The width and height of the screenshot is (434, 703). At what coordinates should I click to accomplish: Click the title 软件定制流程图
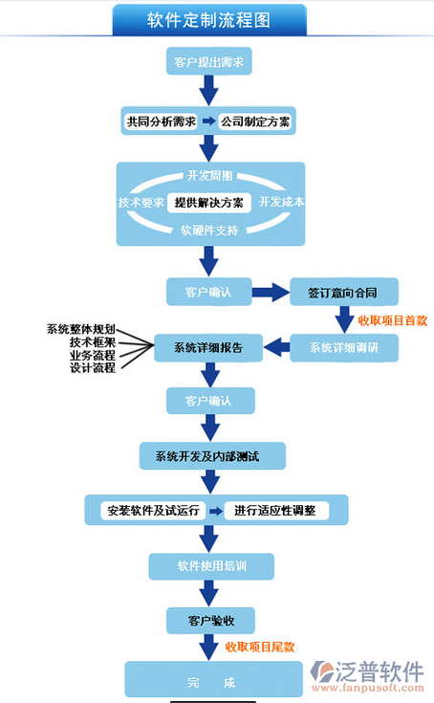click(x=208, y=20)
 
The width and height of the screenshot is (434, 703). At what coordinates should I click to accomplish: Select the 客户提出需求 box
click(x=208, y=61)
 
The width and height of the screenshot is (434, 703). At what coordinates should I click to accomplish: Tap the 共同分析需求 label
click(x=161, y=121)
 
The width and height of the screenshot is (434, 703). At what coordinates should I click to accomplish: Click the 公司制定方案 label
click(x=255, y=121)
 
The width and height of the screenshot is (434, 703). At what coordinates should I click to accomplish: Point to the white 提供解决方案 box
click(x=208, y=203)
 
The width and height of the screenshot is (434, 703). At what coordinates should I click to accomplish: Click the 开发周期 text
click(x=209, y=175)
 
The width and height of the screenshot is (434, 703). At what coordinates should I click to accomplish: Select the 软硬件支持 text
click(x=209, y=231)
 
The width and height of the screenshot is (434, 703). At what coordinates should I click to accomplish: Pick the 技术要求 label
click(x=141, y=203)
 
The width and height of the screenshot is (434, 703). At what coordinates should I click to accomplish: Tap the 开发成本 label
click(x=282, y=202)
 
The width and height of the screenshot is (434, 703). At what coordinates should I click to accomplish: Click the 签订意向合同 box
click(x=344, y=292)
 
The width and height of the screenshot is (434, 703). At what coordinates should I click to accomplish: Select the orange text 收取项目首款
click(x=392, y=320)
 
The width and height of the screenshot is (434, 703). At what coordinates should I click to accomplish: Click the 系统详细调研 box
click(x=344, y=347)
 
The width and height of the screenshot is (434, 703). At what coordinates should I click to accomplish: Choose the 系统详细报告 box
click(x=208, y=347)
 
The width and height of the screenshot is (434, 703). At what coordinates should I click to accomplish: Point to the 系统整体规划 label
click(x=81, y=329)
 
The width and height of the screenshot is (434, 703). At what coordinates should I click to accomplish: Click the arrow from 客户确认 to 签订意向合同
click(x=271, y=293)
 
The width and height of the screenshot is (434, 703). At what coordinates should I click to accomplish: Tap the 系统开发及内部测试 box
click(x=212, y=456)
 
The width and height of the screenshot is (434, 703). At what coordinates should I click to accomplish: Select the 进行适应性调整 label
click(x=275, y=510)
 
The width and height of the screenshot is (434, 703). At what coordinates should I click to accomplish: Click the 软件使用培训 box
click(x=211, y=566)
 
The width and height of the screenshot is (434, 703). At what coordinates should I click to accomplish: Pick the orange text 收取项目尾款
click(x=260, y=647)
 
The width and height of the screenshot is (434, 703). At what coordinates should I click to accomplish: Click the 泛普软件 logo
click(x=367, y=676)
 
